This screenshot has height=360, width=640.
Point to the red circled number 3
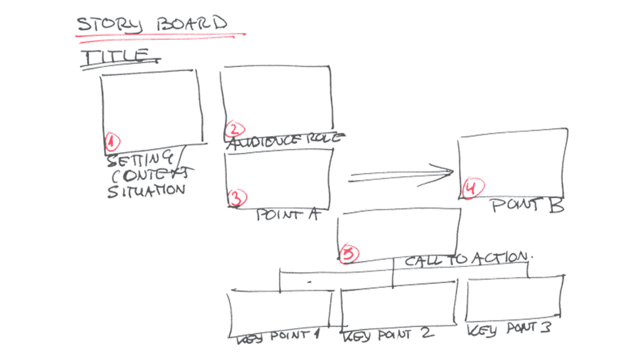[237, 197]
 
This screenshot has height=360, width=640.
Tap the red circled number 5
[349, 253]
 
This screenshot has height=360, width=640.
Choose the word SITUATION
[146, 190]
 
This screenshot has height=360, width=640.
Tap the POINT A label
[287, 214]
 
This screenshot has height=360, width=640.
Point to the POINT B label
[528, 205]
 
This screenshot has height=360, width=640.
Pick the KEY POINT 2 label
[387, 335]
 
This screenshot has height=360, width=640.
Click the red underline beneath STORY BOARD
[159, 36]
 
